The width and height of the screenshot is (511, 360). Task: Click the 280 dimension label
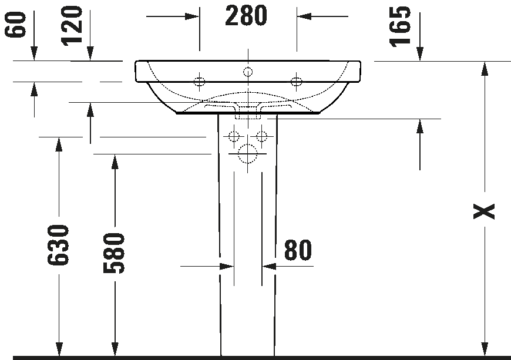246,16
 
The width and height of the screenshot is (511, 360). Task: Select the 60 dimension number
15,24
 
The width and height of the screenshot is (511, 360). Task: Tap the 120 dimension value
72,26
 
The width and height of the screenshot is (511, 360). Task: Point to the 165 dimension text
400,27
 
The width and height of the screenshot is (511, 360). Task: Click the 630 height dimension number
58,245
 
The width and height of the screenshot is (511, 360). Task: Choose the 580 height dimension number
114,253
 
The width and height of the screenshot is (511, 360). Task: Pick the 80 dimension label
298,250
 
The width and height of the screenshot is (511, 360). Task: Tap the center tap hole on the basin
248,72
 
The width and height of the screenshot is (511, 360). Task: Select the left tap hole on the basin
200,81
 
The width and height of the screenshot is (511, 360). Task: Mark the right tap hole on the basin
296,81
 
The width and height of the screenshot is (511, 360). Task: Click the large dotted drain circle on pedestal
247,153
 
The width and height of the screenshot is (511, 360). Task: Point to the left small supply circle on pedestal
234,136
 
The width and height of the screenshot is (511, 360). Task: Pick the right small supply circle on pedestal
262,136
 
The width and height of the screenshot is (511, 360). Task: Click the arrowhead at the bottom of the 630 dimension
59,349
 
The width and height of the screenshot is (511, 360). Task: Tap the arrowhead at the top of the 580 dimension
115,162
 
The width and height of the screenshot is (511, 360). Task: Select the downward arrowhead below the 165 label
420,54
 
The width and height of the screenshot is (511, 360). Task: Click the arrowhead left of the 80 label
227,267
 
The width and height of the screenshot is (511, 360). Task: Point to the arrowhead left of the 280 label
192,16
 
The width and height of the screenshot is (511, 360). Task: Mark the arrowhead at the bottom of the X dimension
485,349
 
